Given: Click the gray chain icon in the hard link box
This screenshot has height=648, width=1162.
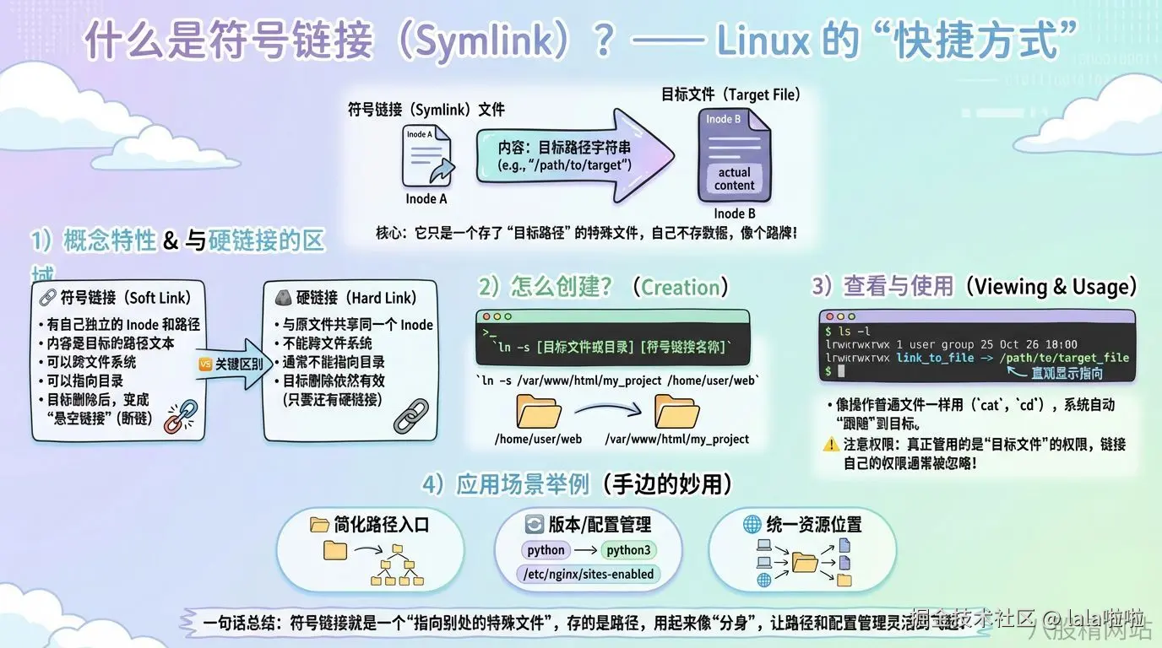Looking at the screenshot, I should tap(411, 415).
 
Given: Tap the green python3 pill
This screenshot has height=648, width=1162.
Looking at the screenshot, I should tap(629, 550).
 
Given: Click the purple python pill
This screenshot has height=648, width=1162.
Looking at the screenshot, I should tap(546, 550).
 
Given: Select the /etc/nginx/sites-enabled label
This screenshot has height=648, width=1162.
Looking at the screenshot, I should tap(589, 575).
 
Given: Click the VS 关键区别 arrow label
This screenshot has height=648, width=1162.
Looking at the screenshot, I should tap(230, 364).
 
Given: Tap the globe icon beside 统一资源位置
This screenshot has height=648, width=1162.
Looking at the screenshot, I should tap(752, 524).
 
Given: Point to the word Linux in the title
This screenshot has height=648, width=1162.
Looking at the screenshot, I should tap(763, 40).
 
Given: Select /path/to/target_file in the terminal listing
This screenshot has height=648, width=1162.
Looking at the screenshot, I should tap(1065, 358).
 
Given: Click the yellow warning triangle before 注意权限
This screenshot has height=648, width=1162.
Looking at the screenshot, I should tap(831, 445).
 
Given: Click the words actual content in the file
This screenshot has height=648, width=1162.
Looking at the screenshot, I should tap(734, 179).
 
